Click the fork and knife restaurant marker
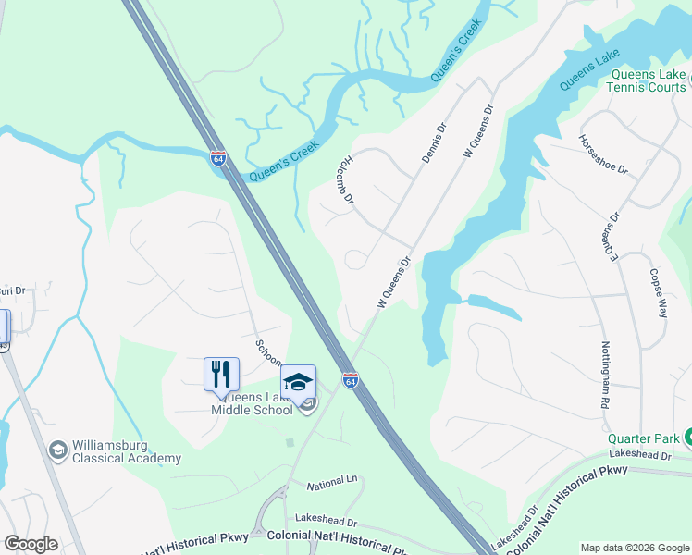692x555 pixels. click(221, 374)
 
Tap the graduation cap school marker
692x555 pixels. click(298, 381)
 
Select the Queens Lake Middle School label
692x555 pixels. click(252, 403)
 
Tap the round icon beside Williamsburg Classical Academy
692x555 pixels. click(58, 449)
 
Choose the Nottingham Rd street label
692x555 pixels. click(605, 374)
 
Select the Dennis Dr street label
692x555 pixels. click(434, 143)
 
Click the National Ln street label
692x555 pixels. click(331, 483)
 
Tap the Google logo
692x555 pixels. click(31, 543)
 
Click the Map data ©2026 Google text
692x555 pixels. click(635, 548)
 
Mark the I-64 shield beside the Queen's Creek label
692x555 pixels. click(218, 159)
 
